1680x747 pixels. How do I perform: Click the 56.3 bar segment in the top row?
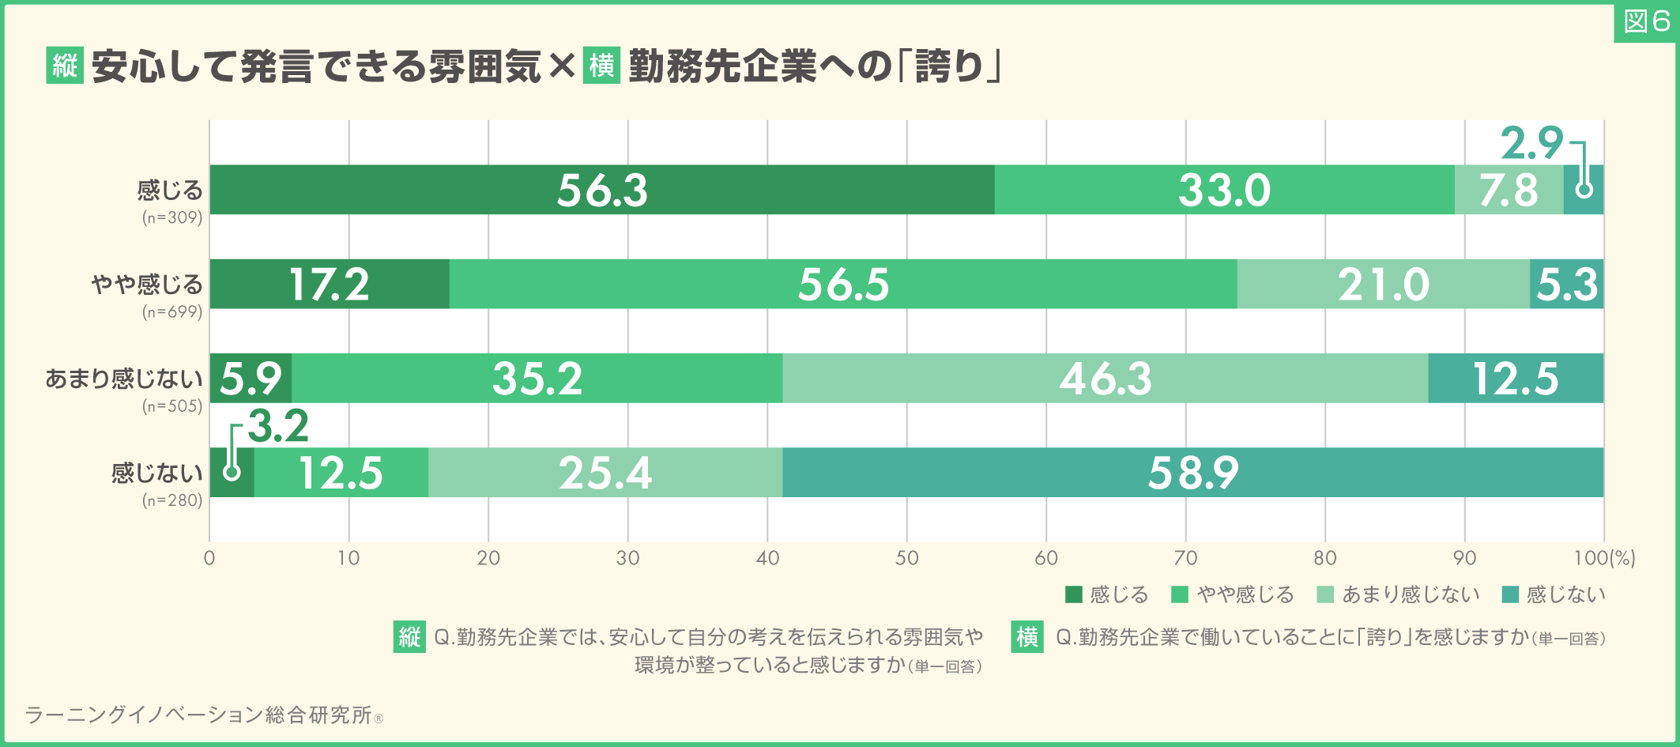pos(602,190)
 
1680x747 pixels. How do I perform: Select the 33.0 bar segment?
pos(1224,190)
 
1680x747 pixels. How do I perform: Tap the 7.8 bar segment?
pos(1509,190)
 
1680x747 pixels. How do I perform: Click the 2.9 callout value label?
pos(1531,144)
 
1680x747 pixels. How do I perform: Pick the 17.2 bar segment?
pos(330,284)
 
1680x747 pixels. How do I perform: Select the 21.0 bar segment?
pos(1383,284)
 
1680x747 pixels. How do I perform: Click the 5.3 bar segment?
pos(1566,284)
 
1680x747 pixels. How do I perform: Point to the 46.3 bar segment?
pos(1105,378)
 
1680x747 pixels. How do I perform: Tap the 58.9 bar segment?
pos(1192,473)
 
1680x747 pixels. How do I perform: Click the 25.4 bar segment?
pos(605,473)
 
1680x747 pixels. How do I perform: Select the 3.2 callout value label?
pos(278,427)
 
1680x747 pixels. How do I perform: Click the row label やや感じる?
pos(147,284)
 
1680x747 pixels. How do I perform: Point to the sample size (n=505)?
pos(172,406)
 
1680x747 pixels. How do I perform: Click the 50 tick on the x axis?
pos(906,558)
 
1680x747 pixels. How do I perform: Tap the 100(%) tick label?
pos(1604,558)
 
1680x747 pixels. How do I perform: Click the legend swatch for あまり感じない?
pos(1325,594)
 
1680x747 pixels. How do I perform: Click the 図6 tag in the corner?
pos(1647,22)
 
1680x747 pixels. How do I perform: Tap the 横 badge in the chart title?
pos(601,65)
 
